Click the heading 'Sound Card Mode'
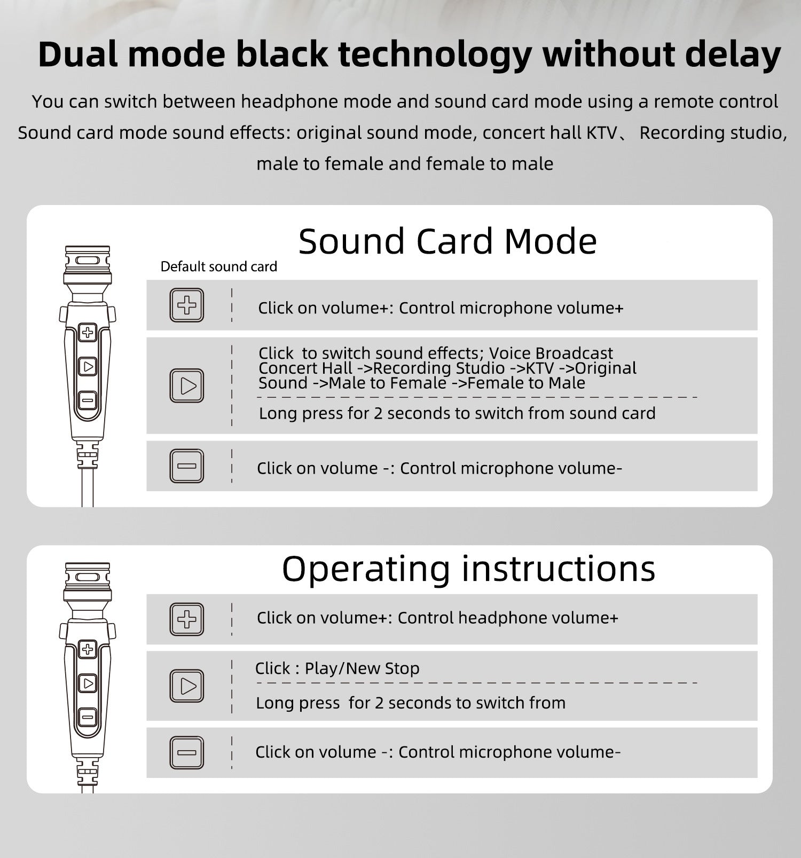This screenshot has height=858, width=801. coord(447,241)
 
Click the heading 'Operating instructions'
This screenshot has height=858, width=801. coord(468,569)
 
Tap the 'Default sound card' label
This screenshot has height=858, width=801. coord(219,266)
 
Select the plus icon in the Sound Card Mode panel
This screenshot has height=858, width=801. coord(187,305)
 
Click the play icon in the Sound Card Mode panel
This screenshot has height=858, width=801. coord(187,385)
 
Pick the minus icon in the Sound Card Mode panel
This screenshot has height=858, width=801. coord(187,466)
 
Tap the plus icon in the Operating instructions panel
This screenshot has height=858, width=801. coord(187,619)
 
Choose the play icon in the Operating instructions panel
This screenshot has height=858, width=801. coord(187,686)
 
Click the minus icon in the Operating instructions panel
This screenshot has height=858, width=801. coord(187,753)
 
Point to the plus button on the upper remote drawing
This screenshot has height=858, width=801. coord(88,333)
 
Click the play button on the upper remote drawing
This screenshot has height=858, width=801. coord(88,367)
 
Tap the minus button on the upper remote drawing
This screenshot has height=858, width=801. coord(88,400)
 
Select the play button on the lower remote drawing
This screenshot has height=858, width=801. coord(88,683)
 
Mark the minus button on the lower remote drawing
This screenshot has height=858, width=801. coord(88,717)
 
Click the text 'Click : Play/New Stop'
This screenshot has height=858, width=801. coord(337,668)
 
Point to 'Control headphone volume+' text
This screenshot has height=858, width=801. coord(508,618)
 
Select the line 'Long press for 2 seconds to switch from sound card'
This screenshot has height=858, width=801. coord(457,414)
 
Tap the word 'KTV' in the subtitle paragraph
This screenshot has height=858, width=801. coord(602,133)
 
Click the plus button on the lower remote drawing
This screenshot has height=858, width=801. coord(88,650)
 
